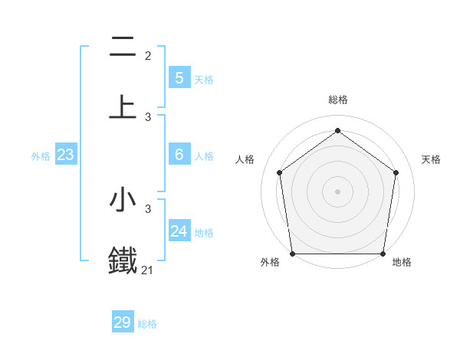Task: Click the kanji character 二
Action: coord(123,47)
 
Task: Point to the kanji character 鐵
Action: coord(123,259)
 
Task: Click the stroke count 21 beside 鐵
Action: coord(148,270)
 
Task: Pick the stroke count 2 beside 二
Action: coord(148,55)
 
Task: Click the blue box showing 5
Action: coord(179,77)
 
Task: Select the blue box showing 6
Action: coord(179,154)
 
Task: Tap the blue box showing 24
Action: coord(179,231)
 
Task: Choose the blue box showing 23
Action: coord(65,155)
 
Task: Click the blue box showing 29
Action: coord(123,322)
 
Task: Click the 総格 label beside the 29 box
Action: coord(147,324)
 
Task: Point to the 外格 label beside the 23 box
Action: coord(41,156)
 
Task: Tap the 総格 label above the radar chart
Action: coord(338,100)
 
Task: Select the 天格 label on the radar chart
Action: coord(432,159)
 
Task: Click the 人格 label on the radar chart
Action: coord(245,159)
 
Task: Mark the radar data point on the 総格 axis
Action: coord(337,130)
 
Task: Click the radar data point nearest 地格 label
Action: coord(383,254)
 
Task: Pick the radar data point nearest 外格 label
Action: coord(292,254)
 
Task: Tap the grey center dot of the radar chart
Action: coord(337,191)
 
